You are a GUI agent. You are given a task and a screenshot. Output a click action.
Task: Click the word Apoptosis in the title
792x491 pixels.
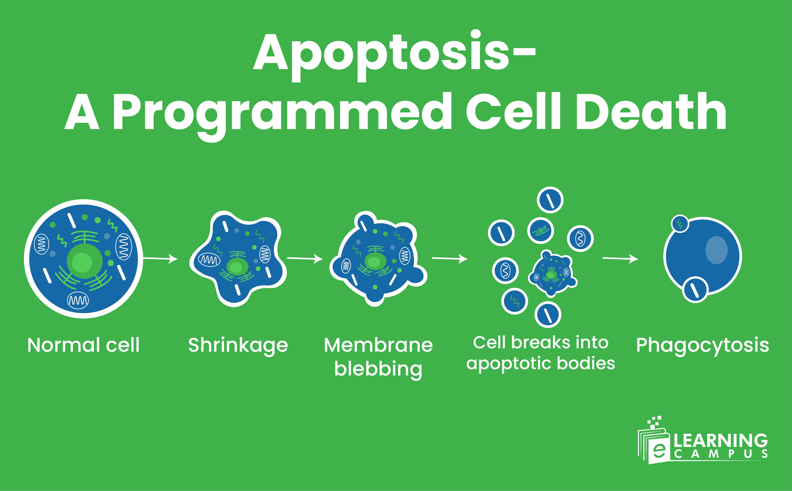pos(380,54)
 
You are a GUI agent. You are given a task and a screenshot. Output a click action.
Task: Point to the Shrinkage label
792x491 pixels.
pos(238,345)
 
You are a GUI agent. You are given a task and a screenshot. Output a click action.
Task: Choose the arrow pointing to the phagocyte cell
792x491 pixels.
pos(620,259)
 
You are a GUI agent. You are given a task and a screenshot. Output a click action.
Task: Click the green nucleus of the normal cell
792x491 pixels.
pos(84,261)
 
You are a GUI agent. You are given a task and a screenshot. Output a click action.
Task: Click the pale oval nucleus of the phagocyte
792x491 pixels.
pos(716,250)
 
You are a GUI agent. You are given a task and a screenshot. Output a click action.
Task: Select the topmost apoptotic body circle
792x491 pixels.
pos(550,200)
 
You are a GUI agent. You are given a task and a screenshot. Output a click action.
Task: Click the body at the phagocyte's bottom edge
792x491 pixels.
pos(695,290)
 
